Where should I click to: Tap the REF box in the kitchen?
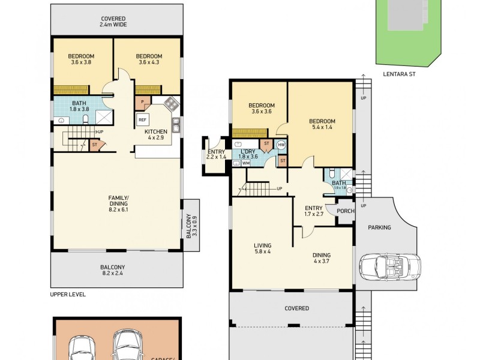pos(142,120)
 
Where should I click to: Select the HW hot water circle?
pos(281,145)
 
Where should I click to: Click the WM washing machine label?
pos(245,163)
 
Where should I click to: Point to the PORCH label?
pos(346,211)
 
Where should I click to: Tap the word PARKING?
pos(379,227)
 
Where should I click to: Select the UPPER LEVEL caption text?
pos(68,295)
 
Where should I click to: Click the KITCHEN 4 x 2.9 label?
pos(155,134)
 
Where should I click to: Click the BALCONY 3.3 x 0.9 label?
pos(191,227)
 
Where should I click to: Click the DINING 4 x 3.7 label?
pos(322,259)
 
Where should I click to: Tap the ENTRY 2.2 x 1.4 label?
pos(216,155)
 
